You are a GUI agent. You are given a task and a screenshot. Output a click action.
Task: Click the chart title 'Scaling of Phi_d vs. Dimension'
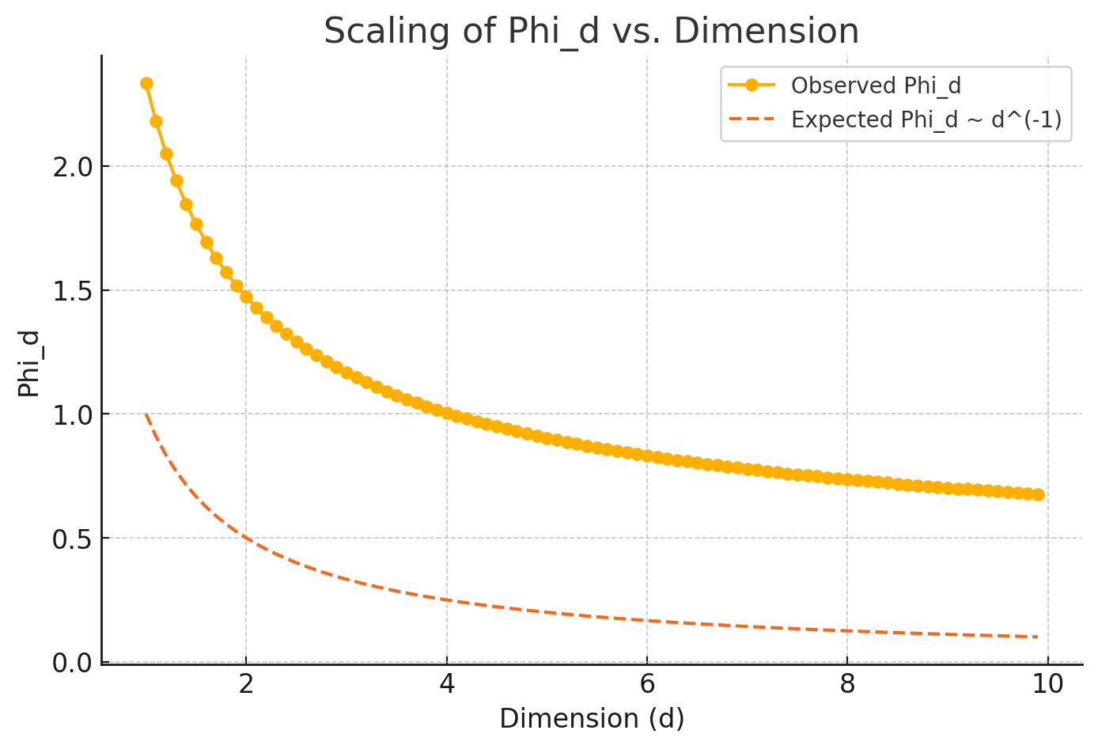591,32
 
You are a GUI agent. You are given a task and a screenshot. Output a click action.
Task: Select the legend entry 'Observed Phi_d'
876,85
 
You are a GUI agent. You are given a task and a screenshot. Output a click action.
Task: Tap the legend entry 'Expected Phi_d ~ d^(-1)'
926,119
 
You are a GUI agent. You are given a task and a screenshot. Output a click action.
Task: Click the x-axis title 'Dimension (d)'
592,718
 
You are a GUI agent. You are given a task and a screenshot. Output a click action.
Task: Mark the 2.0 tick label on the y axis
73,167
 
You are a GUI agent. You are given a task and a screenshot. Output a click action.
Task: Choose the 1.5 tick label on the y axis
73,291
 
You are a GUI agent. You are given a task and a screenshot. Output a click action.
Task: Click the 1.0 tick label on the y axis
73,414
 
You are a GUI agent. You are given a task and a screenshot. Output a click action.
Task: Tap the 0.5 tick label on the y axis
73,539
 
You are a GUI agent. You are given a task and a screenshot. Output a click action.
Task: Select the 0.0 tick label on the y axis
73,662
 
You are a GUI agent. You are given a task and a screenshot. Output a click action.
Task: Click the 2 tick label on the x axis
246,684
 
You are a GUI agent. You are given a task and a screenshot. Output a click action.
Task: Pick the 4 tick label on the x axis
447,684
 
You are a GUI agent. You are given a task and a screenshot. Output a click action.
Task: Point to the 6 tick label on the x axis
647,684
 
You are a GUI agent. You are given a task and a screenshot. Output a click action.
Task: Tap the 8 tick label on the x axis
847,684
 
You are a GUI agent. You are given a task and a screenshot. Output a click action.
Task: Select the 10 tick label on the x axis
1048,684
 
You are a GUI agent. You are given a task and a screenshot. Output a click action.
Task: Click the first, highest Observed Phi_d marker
146,83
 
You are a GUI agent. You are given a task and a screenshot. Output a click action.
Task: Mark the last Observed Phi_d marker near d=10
1038,494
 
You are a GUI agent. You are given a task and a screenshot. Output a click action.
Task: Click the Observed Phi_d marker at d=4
447,413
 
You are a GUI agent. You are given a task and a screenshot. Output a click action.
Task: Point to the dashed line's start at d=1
146,414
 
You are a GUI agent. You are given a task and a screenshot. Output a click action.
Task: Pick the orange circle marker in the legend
752,85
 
